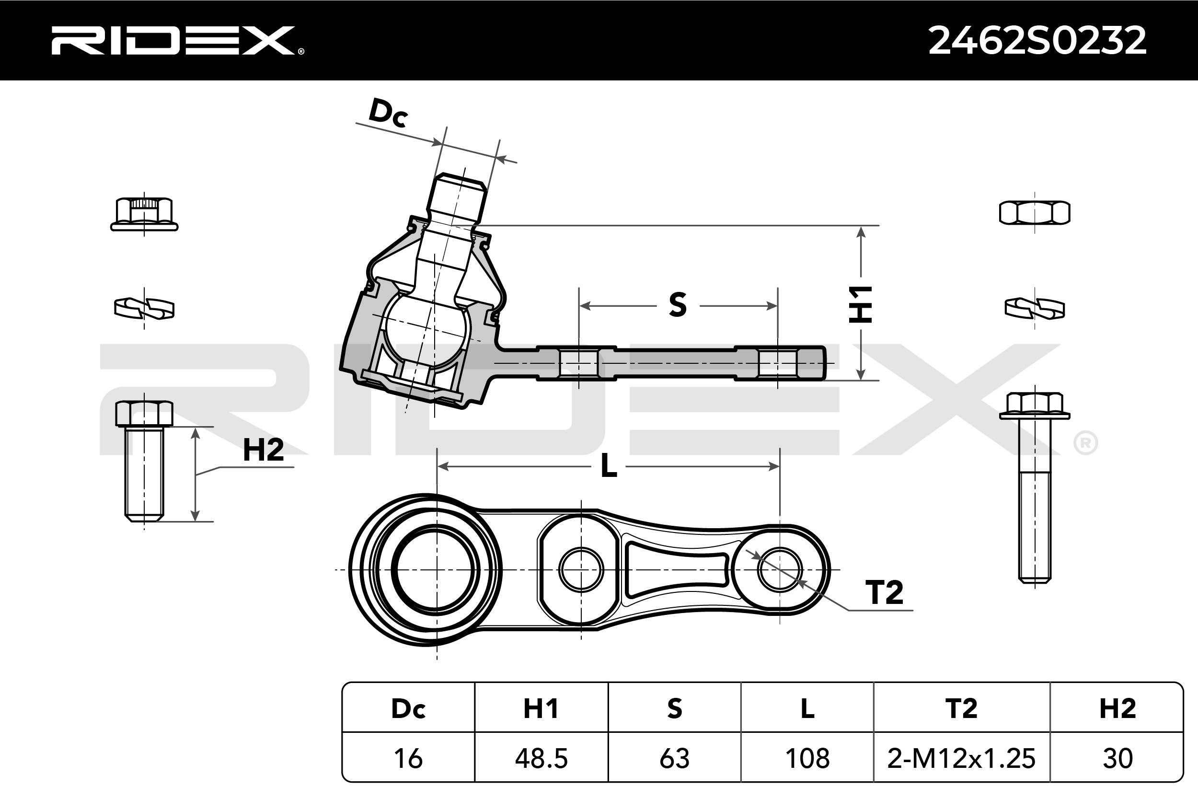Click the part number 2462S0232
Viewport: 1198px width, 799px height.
point(1037,41)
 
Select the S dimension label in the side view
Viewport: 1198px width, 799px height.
point(678,305)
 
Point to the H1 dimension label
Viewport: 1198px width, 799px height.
point(860,304)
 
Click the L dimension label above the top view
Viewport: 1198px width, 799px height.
point(609,466)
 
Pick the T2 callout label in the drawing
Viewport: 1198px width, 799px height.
point(884,592)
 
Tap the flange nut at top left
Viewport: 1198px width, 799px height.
point(144,215)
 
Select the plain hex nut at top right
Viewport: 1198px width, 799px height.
point(1035,212)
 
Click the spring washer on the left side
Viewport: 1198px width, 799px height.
point(144,308)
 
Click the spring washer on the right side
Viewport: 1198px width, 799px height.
point(1035,308)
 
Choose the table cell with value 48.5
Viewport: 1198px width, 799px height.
point(541,758)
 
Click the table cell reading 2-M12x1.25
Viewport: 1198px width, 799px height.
point(961,758)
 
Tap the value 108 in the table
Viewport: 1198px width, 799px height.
point(807,758)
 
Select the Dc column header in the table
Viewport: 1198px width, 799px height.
point(408,708)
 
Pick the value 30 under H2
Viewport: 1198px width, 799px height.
point(1117,758)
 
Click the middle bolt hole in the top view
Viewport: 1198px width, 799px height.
point(581,570)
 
